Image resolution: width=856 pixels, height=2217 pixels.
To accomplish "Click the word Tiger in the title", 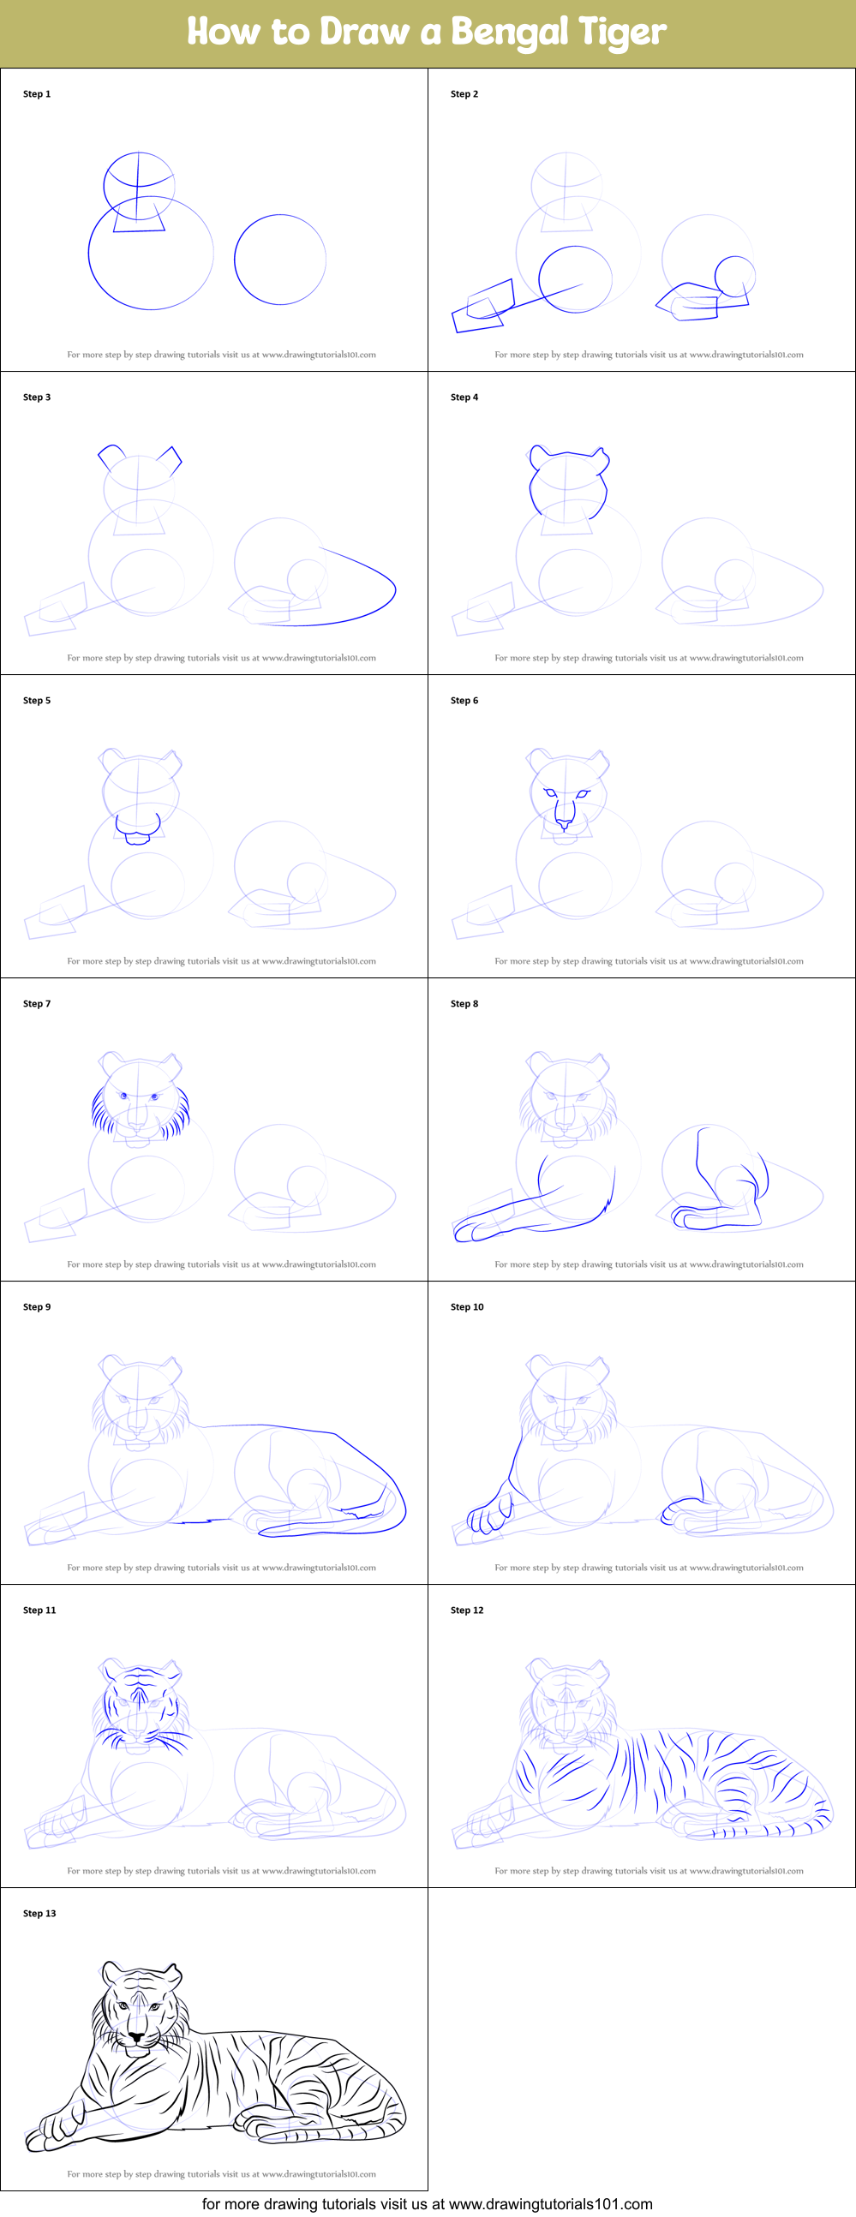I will [x=622, y=33].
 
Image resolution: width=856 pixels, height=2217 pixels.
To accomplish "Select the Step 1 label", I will [x=37, y=94].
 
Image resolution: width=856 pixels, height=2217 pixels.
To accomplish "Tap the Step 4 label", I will [x=464, y=397].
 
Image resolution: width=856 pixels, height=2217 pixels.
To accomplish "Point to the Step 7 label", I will [x=37, y=1003].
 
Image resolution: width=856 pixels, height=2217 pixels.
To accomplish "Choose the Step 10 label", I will [x=467, y=1306].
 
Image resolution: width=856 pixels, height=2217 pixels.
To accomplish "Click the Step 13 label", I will [x=39, y=1913].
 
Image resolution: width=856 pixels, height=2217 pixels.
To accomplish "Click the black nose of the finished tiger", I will [x=136, y=2037].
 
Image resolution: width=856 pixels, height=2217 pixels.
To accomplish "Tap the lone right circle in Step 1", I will [x=280, y=259].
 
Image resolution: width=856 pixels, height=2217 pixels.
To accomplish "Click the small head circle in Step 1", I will [x=139, y=183].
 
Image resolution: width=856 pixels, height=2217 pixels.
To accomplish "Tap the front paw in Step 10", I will [x=488, y=1519].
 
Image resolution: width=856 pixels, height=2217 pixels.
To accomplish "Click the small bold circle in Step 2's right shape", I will [x=734, y=276].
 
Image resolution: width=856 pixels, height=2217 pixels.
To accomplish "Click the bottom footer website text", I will [x=427, y=2203].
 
